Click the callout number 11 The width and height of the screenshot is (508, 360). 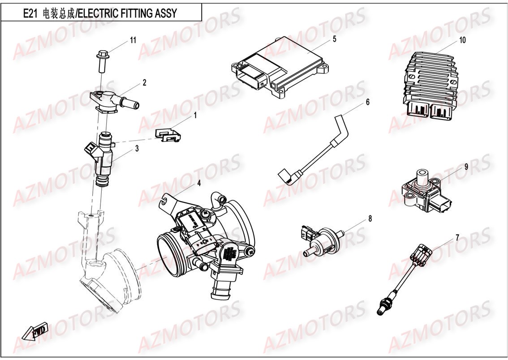coord(133,40)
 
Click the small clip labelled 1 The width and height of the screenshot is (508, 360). coord(168,134)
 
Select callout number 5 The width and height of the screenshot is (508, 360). coord(334,39)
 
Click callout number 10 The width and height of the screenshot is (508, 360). coord(462,40)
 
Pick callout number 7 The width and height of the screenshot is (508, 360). coord(457,237)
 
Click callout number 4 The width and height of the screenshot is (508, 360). coord(198,183)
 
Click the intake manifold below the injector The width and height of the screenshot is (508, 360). coord(108,278)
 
